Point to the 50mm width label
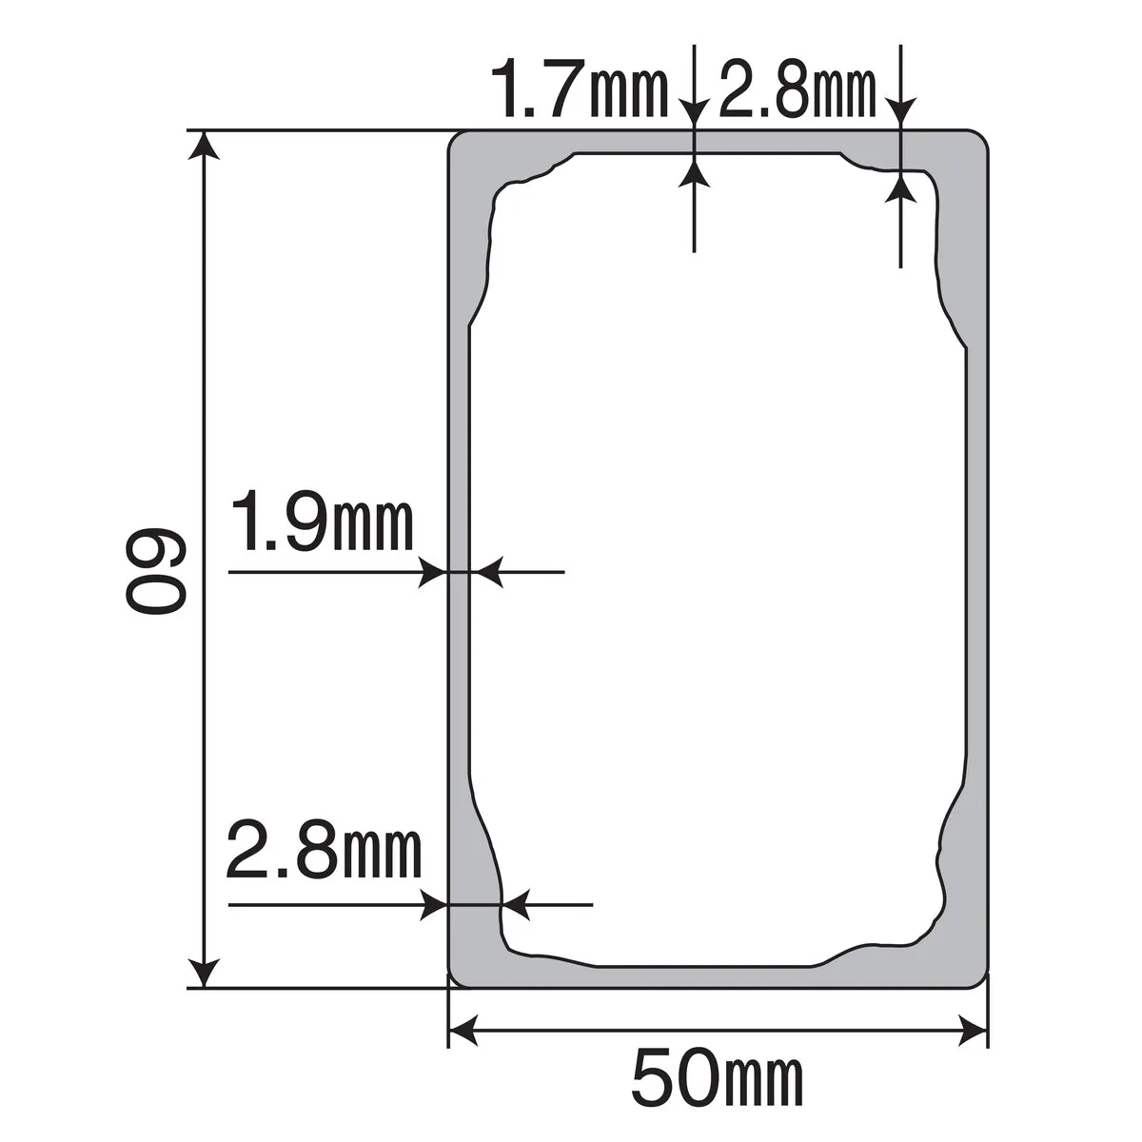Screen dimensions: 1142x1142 tap(718, 1078)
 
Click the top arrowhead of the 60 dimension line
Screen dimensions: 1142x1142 tap(203, 147)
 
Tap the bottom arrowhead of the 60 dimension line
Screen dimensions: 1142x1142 tap(203, 973)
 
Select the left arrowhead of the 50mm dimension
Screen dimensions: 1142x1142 tap(463, 1029)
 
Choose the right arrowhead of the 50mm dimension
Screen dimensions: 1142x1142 tap(973, 1029)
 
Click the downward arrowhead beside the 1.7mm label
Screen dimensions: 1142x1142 tap(695, 112)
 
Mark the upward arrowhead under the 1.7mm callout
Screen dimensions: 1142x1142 tap(695, 172)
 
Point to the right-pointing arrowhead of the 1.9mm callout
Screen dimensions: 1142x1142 tap(433, 572)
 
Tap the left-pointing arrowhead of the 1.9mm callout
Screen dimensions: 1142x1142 tap(487, 572)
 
